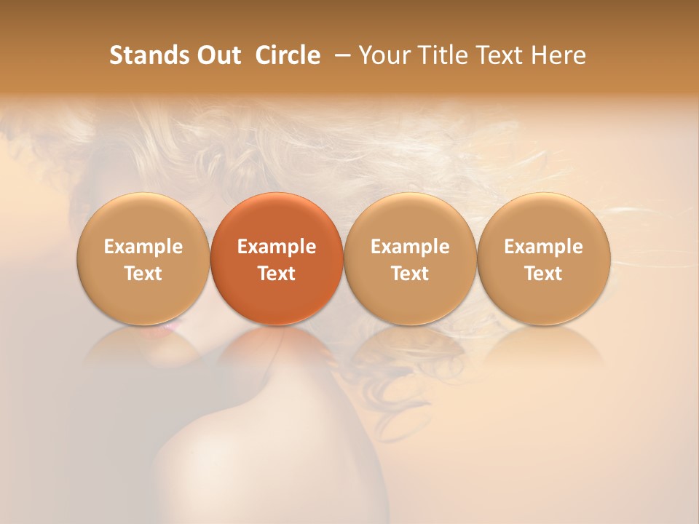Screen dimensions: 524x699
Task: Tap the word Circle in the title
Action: tap(288, 55)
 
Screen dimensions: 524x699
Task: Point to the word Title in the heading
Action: tap(440, 55)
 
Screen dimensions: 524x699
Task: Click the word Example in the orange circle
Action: tap(277, 247)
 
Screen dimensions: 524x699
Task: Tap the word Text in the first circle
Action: tap(143, 274)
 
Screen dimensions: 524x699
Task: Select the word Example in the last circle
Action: tap(544, 247)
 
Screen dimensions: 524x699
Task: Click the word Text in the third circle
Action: tap(410, 274)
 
